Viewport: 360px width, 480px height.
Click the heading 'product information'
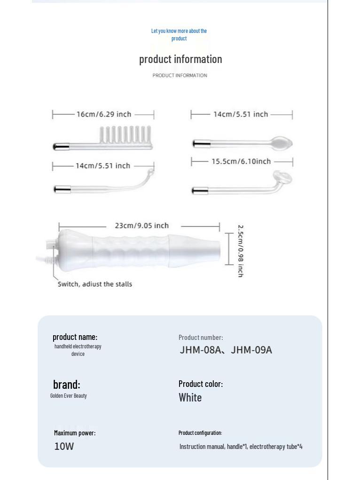(180, 59)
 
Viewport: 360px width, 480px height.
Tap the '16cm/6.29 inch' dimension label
(104, 114)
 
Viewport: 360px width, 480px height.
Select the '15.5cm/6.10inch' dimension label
(241, 162)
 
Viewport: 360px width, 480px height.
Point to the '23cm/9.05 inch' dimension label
(141, 226)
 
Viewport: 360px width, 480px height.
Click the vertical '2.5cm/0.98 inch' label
(240, 251)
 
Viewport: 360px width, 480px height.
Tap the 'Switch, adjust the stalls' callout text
(95, 284)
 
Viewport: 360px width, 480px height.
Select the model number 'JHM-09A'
(251, 350)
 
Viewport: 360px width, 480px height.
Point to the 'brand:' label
(67, 385)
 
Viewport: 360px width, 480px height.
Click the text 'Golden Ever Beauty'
(69, 396)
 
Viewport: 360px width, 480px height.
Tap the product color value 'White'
(190, 398)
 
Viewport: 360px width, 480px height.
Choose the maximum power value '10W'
(64, 447)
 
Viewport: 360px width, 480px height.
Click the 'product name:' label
(75, 337)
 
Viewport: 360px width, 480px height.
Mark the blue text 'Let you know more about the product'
(179, 35)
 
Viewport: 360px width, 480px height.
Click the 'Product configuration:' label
(200, 433)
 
